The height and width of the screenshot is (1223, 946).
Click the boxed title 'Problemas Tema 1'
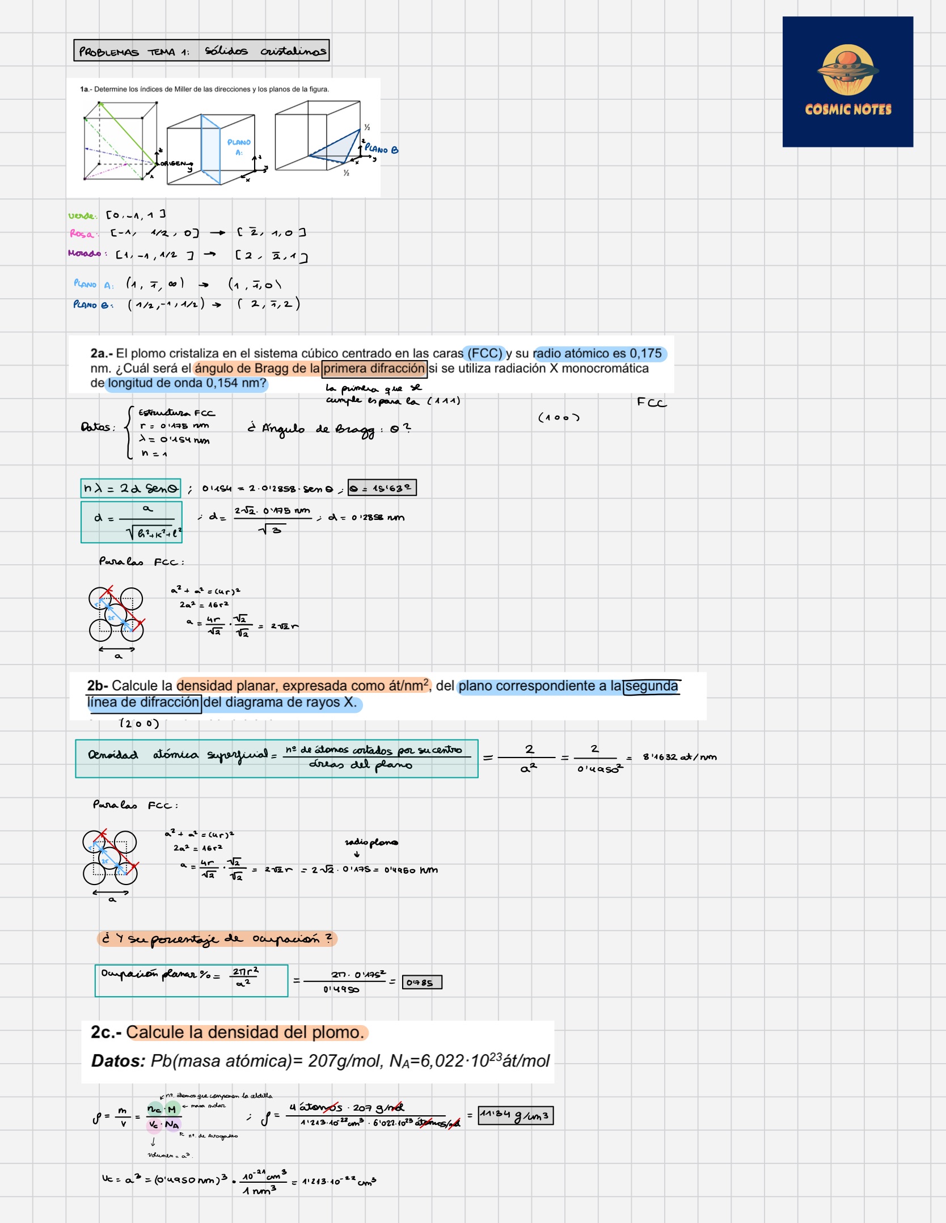201,51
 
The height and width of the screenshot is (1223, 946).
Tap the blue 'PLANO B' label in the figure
382,150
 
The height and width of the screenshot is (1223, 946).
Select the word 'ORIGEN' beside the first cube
172,163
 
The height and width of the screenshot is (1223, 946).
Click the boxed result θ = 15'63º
382,488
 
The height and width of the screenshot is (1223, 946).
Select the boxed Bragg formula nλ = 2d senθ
130,488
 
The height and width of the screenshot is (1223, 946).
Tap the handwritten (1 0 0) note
559,418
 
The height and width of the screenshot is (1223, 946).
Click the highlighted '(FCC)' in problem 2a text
484,354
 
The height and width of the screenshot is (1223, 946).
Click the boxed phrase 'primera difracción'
374,369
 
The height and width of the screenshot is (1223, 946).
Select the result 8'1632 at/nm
679,757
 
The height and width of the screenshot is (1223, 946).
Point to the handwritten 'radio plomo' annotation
371,843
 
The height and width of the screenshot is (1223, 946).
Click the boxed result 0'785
421,982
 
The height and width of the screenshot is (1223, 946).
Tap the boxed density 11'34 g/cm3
515,1116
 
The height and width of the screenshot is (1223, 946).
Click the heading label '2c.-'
106,1032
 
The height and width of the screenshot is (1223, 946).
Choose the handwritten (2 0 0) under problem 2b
139,723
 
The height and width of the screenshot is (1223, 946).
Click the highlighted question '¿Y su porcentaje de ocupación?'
217,939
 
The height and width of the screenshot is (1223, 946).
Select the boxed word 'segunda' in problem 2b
651,687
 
